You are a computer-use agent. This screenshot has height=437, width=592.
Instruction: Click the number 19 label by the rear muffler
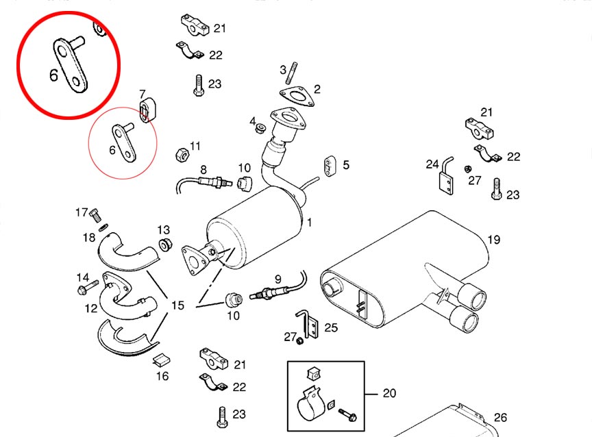point(494,240)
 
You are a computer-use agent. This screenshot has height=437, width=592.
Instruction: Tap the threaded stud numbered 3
point(292,72)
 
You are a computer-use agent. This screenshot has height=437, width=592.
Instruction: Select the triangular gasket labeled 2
point(299,97)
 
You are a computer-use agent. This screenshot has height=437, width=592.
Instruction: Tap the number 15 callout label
point(177,305)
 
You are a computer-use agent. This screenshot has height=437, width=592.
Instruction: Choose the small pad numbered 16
point(162,359)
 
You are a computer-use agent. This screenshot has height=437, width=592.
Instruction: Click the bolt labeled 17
point(95,216)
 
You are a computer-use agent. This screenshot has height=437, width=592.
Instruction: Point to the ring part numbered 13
point(164,245)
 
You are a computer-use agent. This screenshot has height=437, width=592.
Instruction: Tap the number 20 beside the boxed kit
point(390,393)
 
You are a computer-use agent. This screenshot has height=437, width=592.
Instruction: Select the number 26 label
point(501,417)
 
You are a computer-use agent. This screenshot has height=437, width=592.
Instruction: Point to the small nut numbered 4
point(260,128)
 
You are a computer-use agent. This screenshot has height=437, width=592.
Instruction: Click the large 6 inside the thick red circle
point(54,74)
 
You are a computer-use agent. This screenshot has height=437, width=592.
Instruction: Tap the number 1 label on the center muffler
point(310,222)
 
